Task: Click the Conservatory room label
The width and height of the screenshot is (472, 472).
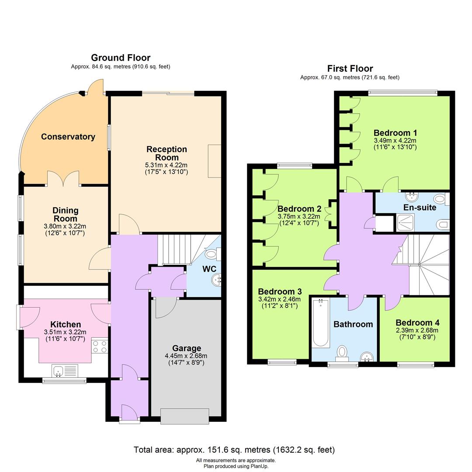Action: tap(68, 137)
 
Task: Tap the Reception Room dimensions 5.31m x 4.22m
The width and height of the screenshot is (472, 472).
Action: tap(167, 165)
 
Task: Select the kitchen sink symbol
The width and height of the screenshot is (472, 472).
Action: tap(64, 371)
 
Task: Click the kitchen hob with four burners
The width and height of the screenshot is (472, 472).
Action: tap(99, 346)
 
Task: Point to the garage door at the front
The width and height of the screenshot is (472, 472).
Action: tap(184, 416)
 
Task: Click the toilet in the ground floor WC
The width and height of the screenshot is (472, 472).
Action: tap(212, 253)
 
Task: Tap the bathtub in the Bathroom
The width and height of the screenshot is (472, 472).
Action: tap(321, 323)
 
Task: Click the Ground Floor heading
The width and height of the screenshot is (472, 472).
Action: tap(121, 58)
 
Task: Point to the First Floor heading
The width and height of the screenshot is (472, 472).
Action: tap(350, 69)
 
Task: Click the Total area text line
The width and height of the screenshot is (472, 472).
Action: tap(234, 450)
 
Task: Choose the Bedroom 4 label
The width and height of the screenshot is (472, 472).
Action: tap(417, 323)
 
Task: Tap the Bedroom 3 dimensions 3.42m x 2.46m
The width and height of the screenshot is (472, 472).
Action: tap(280, 299)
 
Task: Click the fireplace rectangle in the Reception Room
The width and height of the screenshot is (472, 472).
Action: tap(214, 161)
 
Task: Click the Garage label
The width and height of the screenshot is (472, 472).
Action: tap(187, 348)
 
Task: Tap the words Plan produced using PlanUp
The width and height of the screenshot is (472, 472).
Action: tap(236, 466)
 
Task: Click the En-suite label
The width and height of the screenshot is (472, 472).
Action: tap(420, 208)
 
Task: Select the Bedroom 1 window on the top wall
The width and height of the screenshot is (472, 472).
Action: tap(403, 93)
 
